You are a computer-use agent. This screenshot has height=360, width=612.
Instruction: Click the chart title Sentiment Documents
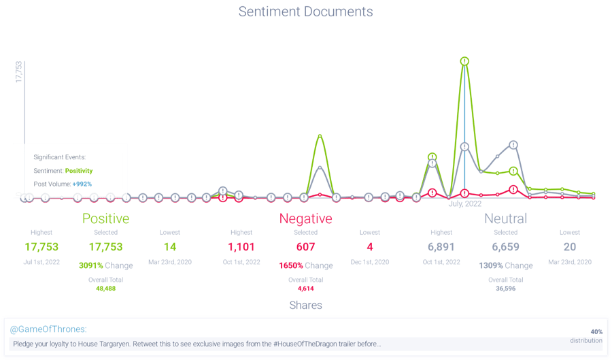(x=305, y=12)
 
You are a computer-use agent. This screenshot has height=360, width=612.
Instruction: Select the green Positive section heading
(x=105, y=219)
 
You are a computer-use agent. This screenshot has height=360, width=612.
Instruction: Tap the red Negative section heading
(x=305, y=219)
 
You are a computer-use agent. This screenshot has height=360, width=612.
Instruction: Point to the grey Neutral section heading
(x=505, y=219)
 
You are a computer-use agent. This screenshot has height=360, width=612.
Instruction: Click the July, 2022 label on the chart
(x=465, y=203)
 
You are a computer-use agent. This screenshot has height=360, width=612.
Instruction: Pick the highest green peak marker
(x=464, y=61)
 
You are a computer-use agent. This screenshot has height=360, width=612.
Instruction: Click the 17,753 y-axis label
(x=20, y=71)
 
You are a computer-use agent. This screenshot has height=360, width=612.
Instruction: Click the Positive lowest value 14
(x=170, y=246)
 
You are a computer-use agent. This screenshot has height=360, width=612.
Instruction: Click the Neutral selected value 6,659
(x=505, y=246)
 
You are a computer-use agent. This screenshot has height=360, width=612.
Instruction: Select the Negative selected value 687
(x=305, y=246)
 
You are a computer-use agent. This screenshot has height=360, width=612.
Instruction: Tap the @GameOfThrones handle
(x=48, y=329)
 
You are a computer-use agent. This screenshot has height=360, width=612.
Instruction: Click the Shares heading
(x=305, y=305)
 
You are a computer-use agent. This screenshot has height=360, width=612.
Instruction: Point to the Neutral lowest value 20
(x=570, y=246)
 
